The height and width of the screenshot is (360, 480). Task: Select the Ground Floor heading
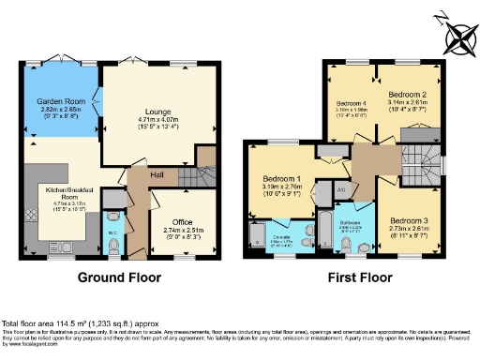(x=119, y=277)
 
